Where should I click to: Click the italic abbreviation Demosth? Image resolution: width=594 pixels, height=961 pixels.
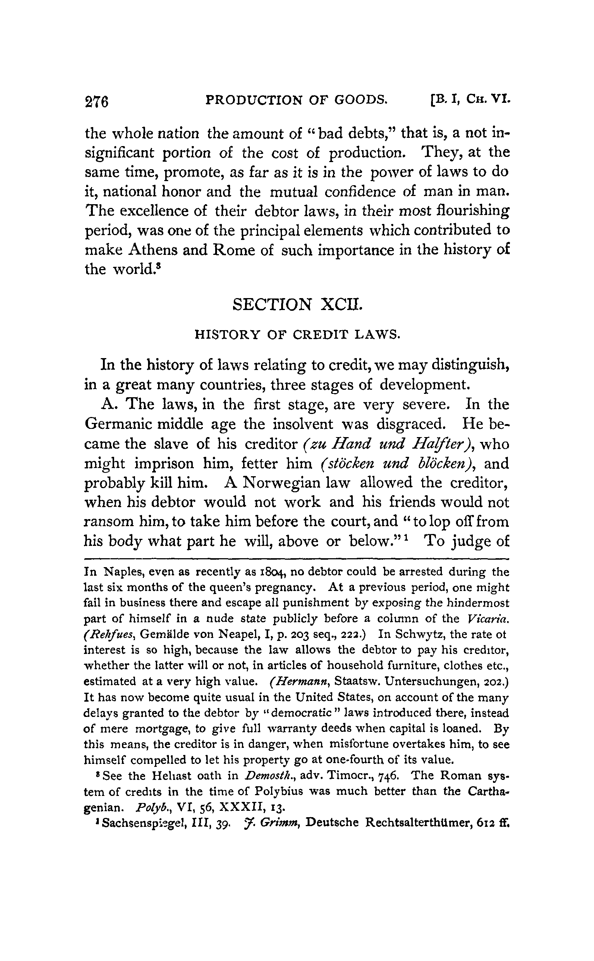(x=260, y=776)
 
